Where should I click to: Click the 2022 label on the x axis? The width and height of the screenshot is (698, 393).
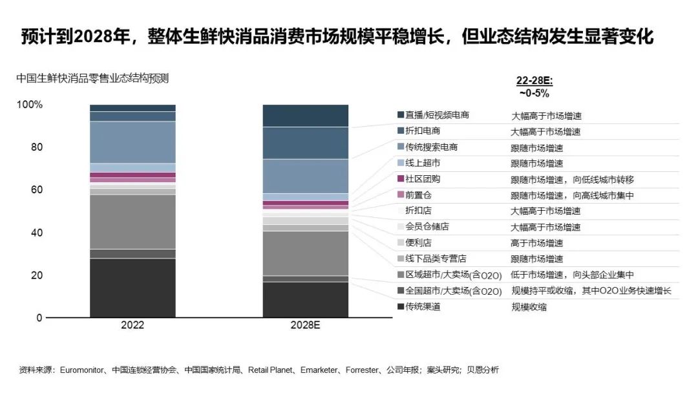pos(132,326)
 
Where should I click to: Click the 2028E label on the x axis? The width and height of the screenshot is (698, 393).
pos(305,326)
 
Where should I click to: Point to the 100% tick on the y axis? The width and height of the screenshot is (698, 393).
pos(30,105)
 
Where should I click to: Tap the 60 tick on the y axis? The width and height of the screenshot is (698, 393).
pos(37,190)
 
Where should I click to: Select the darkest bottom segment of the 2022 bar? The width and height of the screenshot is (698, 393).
pos(132,288)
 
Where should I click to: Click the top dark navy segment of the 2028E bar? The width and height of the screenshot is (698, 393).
pos(305,116)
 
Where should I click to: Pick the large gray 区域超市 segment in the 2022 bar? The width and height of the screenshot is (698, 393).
pos(132,222)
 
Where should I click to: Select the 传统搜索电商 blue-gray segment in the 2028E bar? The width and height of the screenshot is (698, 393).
pos(305,176)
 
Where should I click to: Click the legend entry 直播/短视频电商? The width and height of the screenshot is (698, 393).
pos(437,115)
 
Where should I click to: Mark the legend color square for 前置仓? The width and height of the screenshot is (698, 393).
pos(401,195)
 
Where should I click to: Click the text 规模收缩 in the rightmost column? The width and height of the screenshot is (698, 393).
pos(529,307)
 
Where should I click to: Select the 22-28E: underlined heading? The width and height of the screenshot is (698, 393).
pos(534,81)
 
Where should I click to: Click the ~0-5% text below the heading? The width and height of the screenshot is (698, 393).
pos(534,93)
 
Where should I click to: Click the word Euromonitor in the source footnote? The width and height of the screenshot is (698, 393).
pos(82,370)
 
